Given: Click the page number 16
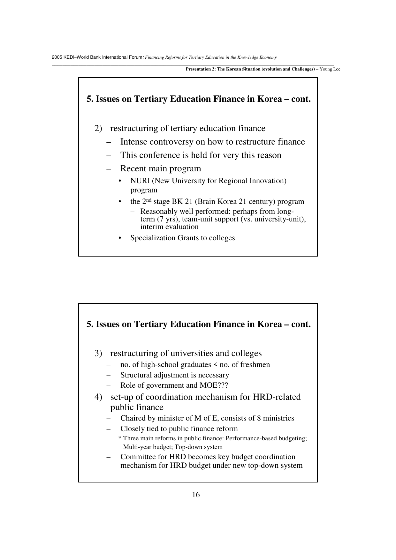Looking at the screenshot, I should coord(196,495).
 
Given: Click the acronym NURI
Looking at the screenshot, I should coord(140,181).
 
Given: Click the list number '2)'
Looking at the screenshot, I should coord(98,128).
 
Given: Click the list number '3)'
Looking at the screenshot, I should coord(98,354).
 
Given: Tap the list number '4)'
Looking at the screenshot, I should coord(98,397).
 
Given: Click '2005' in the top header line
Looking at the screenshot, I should coord(56,57).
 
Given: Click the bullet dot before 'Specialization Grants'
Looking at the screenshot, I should coord(120,238).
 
